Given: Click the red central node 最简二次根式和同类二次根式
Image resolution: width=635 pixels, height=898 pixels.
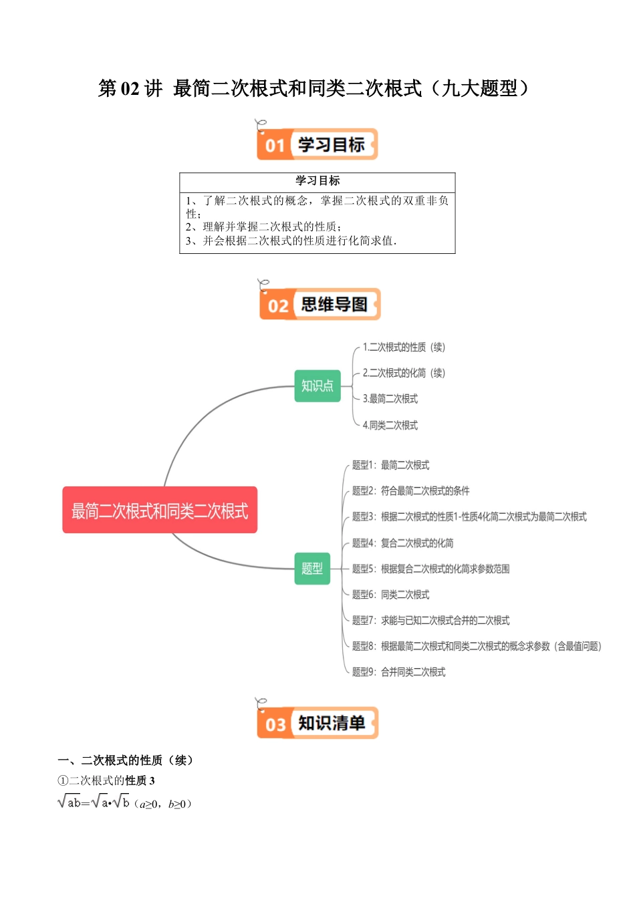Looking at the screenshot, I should coord(160,510).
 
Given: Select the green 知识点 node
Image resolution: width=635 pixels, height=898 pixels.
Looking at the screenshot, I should coord(317,386).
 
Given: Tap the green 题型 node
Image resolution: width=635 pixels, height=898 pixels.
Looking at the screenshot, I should coord(312,569).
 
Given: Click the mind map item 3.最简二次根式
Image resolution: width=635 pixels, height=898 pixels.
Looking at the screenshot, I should coord(390,399).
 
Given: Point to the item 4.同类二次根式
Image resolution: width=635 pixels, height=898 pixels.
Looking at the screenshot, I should coord(390,425).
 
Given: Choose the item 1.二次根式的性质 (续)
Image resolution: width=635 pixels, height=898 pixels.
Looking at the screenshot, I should coord(404,347).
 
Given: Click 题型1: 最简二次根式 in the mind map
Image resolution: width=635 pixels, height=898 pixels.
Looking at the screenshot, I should coord(391,465).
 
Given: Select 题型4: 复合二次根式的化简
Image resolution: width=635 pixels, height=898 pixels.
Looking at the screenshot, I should coord(403,543).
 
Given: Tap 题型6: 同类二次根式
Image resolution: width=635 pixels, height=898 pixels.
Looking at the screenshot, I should coord(391,595).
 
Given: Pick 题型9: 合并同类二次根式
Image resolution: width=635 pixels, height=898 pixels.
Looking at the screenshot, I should coord(399,672).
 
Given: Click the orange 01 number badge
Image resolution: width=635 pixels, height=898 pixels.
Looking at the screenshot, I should coord(275,145).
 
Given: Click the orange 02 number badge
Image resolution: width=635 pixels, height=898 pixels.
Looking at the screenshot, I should coord(277,306).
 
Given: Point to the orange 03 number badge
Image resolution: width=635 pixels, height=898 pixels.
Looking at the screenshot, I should coord(275,724).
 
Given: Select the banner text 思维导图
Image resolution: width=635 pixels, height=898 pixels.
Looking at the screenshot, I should coord(334,305).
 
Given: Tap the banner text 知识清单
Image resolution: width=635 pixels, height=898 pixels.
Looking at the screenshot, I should coord(332,723).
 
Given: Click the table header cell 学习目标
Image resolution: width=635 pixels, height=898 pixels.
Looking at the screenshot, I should coord(317,181).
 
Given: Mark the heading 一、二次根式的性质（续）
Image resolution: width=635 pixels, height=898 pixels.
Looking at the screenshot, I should coord(126,760).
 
